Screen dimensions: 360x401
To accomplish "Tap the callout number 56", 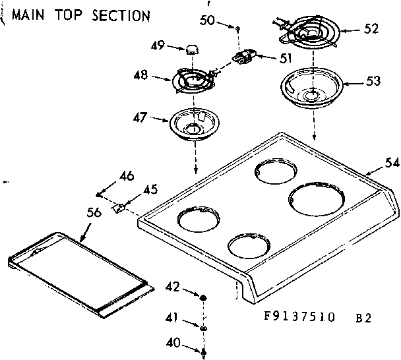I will click(x=94, y=212).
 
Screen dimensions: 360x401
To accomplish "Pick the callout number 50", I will click(x=206, y=20).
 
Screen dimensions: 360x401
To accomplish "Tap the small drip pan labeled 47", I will click(x=193, y=124).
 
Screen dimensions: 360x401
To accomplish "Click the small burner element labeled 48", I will click(x=191, y=80).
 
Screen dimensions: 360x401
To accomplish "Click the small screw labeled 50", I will click(x=236, y=28).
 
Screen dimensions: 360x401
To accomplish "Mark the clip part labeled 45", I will click(x=119, y=208).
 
